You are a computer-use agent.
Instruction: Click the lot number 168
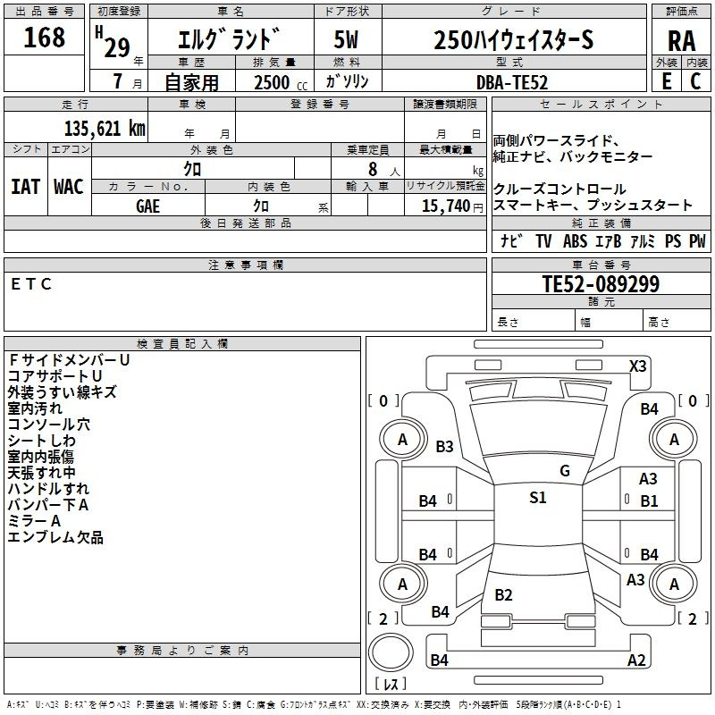point(45,38)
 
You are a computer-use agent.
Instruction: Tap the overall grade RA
point(681,41)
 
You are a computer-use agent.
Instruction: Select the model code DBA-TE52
point(512,82)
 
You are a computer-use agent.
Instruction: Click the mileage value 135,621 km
point(105,129)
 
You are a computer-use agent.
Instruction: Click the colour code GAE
point(148,205)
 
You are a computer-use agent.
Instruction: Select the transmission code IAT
point(25,186)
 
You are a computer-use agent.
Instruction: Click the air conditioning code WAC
point(69,186)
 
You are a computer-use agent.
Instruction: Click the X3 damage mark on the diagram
point(638,366)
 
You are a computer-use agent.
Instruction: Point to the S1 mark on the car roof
point(537,498)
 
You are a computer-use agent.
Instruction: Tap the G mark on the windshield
point(565,470)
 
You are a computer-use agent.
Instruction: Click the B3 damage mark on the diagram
point(444,447)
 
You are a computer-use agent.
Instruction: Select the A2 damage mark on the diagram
point(636,660)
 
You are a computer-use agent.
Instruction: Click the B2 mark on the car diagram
point(503,595)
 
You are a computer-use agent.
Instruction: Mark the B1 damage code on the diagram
point(649,501)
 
